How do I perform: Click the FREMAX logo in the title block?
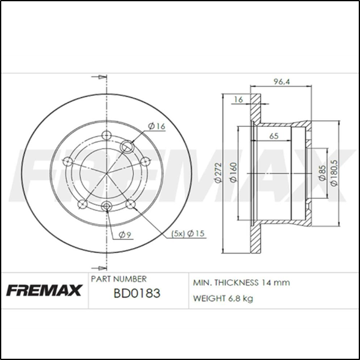[44, 290]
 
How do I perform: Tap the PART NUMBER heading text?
[119, 279]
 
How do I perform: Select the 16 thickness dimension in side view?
[238, 99]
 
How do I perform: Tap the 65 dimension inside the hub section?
[273, 136]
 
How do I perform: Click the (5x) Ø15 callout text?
[188, 234]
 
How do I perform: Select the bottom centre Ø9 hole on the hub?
[106, 207]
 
